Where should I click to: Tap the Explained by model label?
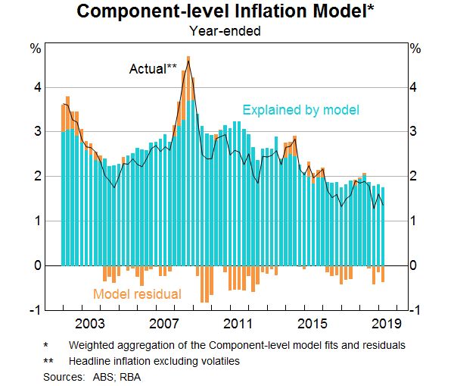tap(300, 111)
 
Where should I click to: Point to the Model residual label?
tap(137, 294)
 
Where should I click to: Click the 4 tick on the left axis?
tap(35, 87)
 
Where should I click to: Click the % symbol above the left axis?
tap(35, 49)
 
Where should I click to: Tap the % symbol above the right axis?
tap(415, 49)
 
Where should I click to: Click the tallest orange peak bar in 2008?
tap(188, 61)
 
